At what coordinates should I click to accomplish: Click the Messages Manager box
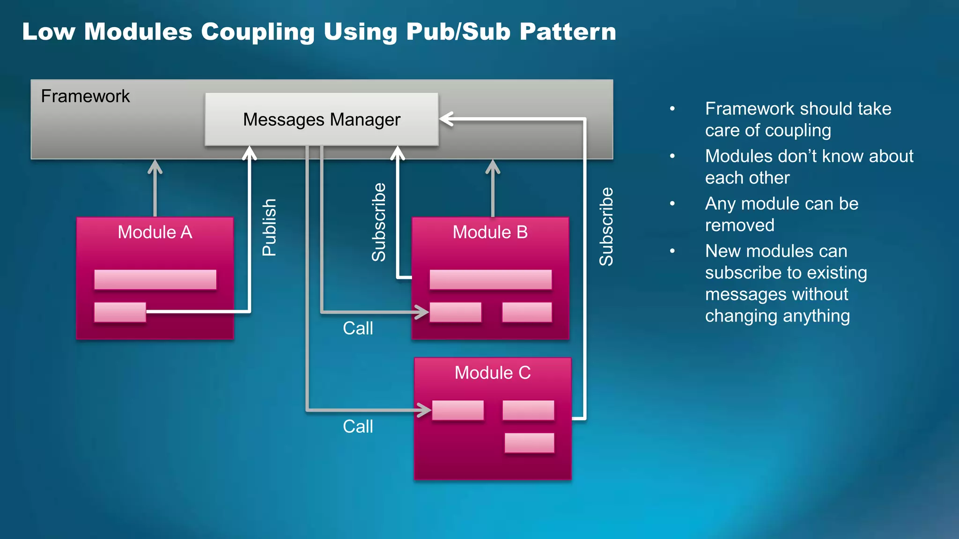[322, 119]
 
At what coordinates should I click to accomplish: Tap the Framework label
[85, 96]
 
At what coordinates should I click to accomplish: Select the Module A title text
[155, 232]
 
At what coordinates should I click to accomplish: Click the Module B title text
[490, 232]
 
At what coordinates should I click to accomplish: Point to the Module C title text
[493, 373]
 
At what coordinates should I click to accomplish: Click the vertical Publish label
[269, 227]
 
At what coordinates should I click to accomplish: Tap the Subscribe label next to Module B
[379, 222]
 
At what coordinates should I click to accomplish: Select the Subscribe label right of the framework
[606, 227]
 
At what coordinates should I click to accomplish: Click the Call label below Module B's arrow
[358, 328]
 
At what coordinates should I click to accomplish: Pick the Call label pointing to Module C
[358, 426]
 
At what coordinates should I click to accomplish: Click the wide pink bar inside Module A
[155, 279]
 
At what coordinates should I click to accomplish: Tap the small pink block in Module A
[120, 312]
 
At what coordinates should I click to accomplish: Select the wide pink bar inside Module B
[490, 279]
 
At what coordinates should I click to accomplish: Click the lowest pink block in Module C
[529, 443]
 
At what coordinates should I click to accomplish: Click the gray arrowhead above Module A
[155, 167]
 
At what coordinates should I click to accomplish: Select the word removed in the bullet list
[739, 226]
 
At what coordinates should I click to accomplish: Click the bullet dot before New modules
[672, 251]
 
